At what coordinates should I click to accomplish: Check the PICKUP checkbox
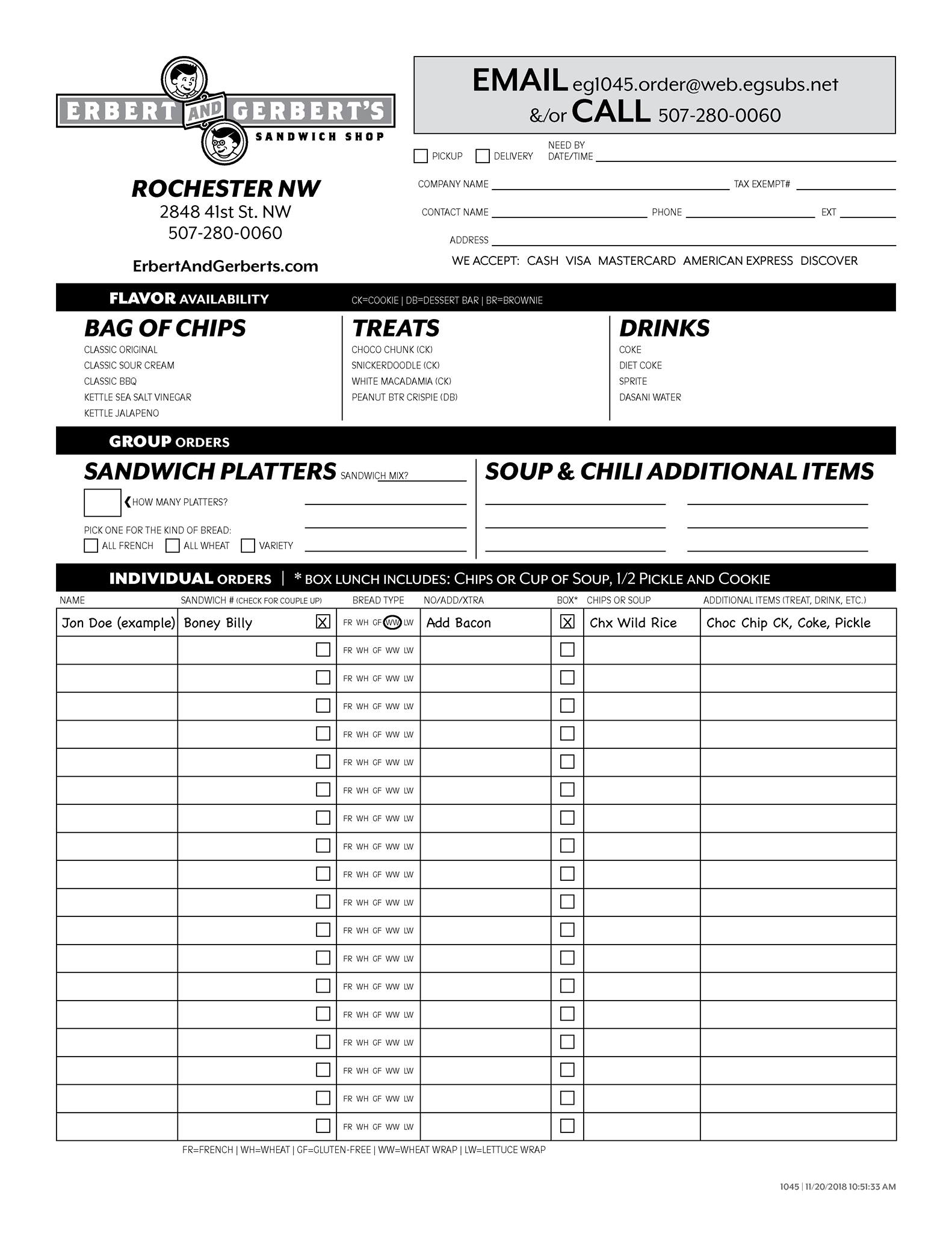point(421,156)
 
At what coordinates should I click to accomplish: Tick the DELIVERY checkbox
point(483,156)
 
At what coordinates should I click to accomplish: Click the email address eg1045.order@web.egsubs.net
point(705,84)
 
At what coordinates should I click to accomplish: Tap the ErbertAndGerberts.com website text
point(225,266)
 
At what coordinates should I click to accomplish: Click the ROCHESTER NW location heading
point(226,188)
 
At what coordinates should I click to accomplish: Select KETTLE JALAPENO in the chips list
point(122,413)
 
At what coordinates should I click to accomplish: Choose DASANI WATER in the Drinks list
point(650,397)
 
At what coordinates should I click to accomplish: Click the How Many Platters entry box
point(102,502)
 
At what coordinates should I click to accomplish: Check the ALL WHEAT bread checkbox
point(173,545)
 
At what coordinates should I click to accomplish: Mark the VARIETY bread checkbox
point(248,545)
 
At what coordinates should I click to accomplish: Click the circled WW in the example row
point(392,623)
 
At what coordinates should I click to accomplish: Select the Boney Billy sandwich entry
point(218,623)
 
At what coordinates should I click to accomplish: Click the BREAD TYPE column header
point(378,600)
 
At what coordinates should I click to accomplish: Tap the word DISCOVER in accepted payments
point(829,261)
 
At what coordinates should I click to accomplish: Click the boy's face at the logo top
point(184,78)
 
